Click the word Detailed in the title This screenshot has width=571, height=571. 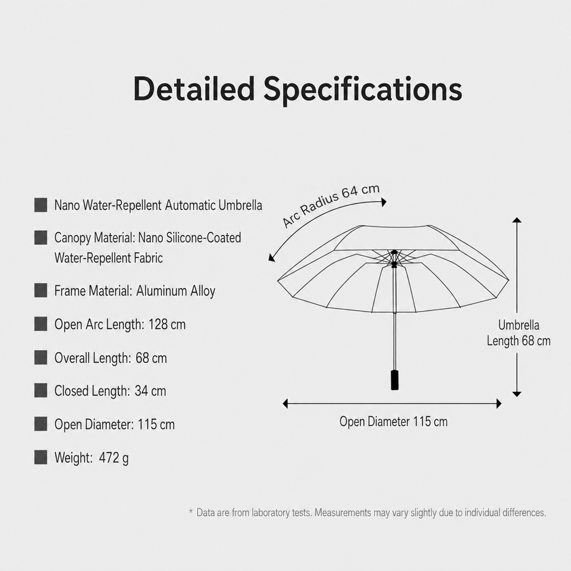click(194, 89)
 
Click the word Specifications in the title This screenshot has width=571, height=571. click(363, 90)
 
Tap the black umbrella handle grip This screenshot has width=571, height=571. click(394, 380)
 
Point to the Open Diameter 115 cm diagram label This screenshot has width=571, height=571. click(393, 422)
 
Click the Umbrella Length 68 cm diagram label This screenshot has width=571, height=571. click(519, 333)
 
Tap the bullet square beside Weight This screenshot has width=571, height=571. click(41, 457)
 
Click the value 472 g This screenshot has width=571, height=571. click(114, 458)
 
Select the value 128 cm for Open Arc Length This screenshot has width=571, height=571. click(167, 324)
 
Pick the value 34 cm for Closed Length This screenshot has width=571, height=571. click(150, 391)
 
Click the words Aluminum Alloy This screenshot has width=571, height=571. click(175, 291)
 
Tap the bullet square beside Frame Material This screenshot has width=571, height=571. click(41, 291)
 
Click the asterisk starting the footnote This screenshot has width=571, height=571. click(191, 512)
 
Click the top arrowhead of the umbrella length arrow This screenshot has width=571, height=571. click(517, 219)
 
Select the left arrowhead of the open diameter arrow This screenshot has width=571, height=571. click(285, 403)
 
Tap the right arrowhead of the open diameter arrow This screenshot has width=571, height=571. click(499, 403)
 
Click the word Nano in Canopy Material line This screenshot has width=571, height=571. click(150, 238)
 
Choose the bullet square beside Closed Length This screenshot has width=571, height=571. click(41, 390)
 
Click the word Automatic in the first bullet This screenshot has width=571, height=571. click(190, 205)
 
